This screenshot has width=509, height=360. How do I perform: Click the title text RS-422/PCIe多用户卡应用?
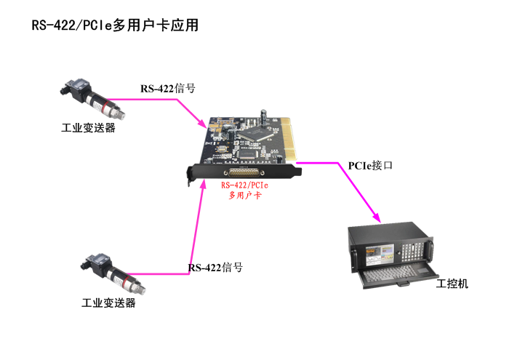pyautogui.click(x=115, y=25)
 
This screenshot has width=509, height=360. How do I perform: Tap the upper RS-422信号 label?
pyautogui.click(x=167, y=89)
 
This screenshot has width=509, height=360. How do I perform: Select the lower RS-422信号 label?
pyautogui.click(x=215, y=268)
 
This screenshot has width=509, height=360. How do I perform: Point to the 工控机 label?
pyautogui.click(x=452, y=284)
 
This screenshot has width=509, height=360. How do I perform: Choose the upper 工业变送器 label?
pyautogui.click(x=88, y=128)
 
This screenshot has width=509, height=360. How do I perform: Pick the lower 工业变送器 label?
pyautogui.click(x=108, y=303)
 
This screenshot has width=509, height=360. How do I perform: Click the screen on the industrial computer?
pyautogui.click(x=381, y=251)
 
